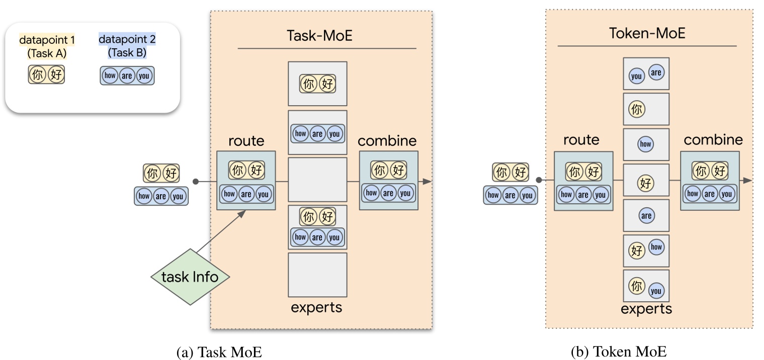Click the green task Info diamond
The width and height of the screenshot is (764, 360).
click(x=191, y=277)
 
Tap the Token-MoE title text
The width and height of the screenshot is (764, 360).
click(x=647, y=33)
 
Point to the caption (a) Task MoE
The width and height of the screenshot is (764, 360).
click(x=219, y=352)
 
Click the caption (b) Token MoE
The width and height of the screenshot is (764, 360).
click(x=619, y=352)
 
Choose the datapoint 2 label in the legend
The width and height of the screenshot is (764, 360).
click(x=127, y=39)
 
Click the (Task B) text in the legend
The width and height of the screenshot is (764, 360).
click(x=127, y=52)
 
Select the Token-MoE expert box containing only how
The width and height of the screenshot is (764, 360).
click(x=646, y=144)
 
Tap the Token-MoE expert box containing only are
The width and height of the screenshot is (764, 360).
click(x=646, y=216)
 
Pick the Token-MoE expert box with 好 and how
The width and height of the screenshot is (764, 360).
click(x=646, y=250)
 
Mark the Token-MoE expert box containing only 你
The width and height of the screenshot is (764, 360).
click(x=646, y=109)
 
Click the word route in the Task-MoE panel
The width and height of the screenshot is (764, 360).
click(x=246, y=141)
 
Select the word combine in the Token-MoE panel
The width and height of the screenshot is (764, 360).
click(x=713, y=139)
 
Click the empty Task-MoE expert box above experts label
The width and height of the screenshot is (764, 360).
click(x=317, y=275)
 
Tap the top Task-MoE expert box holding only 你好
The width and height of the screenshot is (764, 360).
click(x=317, y=83)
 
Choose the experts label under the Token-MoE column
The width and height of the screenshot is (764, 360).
click(x=646, y=308)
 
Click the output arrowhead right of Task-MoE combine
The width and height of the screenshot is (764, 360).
click(x=427, y=181)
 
